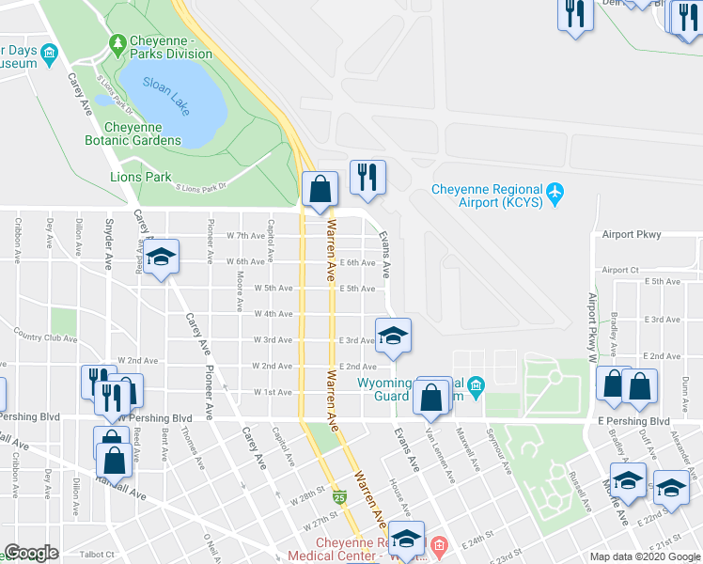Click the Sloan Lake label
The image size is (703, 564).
click(166, 94)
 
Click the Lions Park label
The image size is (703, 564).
click(141, 177)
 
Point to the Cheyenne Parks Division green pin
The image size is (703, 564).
click(117, 42)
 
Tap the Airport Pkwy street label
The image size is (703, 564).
click(632, 235)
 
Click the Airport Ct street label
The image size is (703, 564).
click(620, 270)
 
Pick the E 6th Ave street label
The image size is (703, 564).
click(358, 262)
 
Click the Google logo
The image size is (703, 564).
click(32, 553)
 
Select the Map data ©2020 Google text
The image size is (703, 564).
click(644, 556)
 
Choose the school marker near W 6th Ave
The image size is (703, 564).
click(162, 257)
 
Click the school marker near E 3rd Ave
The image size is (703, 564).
click(393, 336)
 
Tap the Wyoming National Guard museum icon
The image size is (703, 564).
click(476, 384)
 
